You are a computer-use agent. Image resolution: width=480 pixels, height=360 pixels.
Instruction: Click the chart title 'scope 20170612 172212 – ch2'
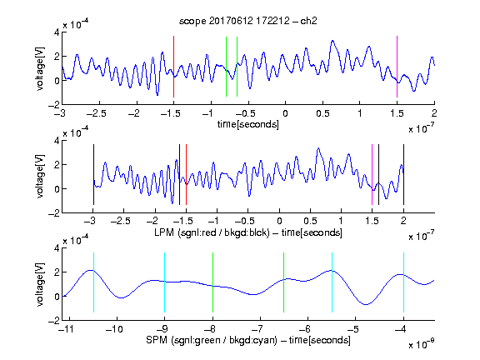coord(247,21)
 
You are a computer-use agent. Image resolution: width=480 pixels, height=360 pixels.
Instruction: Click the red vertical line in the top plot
coord(173,67)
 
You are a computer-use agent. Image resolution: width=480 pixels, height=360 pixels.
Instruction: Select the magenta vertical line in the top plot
coord(397,67)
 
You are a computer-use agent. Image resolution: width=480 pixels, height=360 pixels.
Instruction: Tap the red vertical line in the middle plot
coord(186,174)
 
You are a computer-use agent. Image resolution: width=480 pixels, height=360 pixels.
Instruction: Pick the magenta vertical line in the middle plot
coord(372,174)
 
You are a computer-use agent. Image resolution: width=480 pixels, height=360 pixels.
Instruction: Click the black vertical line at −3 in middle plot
coord(93,174)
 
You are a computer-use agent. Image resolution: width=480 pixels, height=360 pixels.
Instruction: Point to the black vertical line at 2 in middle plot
coord(403,174)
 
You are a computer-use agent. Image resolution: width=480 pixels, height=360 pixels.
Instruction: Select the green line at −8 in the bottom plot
coord(212,282)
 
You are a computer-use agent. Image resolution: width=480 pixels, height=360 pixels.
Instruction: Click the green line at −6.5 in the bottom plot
coord(284,282)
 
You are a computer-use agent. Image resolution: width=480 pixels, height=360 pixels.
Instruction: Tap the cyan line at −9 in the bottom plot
coord(164,282)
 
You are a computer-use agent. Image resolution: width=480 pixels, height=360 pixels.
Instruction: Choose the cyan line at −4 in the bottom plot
coord(403,282)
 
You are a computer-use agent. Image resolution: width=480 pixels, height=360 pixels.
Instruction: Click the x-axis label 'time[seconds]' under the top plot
coord(248,124)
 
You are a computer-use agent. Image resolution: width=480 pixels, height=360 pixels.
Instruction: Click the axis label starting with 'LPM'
coord(248,232)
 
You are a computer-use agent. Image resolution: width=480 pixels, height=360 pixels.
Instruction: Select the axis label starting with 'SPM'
coord(248,340)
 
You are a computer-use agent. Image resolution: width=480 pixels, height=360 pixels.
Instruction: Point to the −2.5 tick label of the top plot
coord(97,113)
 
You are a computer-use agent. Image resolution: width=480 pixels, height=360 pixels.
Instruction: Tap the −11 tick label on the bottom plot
coord(66,329)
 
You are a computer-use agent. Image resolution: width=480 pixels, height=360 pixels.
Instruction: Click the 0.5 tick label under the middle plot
coord(310,221)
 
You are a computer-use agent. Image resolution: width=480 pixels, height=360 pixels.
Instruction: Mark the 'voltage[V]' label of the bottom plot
coord(40,285)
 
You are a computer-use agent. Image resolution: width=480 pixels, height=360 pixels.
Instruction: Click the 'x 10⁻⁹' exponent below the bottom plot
coord(421,343)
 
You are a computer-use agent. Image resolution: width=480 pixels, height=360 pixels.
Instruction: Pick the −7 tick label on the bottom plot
coord(257,329)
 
